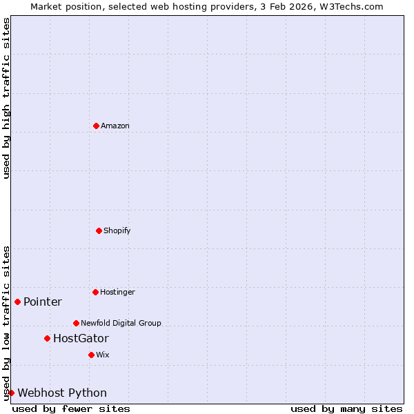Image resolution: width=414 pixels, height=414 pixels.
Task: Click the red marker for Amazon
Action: click(x=96, y=126)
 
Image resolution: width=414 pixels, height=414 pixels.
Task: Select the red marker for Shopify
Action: click(x=99, y=230)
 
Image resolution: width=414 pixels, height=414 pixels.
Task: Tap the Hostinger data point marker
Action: click(x=95, y=292)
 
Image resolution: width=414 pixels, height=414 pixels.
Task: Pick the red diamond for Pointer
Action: click(x=17, y=302)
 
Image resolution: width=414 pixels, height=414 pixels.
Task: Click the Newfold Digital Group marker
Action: click(x=76, y=323)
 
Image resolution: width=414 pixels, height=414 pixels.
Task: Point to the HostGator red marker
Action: click(x=47, y=338)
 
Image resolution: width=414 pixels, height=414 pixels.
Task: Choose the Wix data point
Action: click(x=91, y=355)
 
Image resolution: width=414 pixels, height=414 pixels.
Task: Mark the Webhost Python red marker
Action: click(x=11, y=393)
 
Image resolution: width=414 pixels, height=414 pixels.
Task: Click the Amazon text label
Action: click(x=115, y=126)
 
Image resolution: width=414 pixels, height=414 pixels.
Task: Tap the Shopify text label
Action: click(x=117, y=230)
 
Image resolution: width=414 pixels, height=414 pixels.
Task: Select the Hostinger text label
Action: click(x=118, y=292)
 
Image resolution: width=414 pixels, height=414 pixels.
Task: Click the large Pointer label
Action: click(x=43, y=302)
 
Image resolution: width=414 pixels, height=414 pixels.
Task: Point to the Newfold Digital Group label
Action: click(x=121, y=323)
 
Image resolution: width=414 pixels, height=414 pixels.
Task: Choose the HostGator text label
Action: click(x=81, y=338)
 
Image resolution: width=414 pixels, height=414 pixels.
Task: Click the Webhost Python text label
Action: click(x=62, y=393)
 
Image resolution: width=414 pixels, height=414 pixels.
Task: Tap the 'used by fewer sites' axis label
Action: click(x=71, y=408)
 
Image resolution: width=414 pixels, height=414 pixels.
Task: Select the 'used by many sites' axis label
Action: click(x=346, y=408)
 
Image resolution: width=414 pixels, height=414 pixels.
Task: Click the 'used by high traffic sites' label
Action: click(x=6, y=98)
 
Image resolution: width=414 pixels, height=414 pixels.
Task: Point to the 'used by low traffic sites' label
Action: click(x=6, y=323)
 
